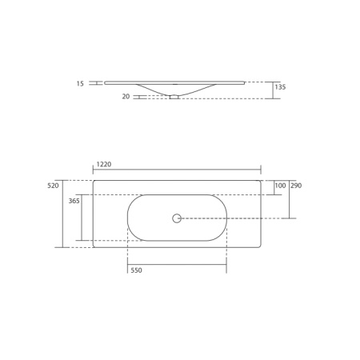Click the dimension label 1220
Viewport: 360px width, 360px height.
pyautogui.click(x=103, y=164)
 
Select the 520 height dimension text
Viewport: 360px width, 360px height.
pyautogui.click(x=54, y=186)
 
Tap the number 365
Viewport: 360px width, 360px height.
pyautogui.click(x=74, y=202)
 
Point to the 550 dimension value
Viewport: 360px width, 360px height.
pyautogui.click(x=136, y=270)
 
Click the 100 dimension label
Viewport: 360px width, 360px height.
pyautogui.click(x=280, y=186)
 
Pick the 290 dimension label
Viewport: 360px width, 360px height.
pyautogui.click(x=296, y=186)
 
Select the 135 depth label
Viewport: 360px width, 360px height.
pyautogui.click(x=280, y=87)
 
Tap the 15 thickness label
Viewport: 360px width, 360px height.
pyautogui.click(x=80, y=83)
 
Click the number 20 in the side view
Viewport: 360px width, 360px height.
pyautogui.click(x=126, y=97)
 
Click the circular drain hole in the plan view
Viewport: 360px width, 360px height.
pyautogui.click(x=177, y=218)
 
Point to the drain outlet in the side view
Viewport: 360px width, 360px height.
pyautogui.click(x=174, y=97)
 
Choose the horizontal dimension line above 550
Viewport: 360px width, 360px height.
pyautogui.click(x=177, y=264)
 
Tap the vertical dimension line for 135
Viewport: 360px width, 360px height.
pyautogui.click(x=273, y=90)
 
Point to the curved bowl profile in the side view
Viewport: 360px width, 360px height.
pyautogui.click(x=152, y=90)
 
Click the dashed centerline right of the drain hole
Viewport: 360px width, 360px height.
pyautogui.click(x=232, y=218)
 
